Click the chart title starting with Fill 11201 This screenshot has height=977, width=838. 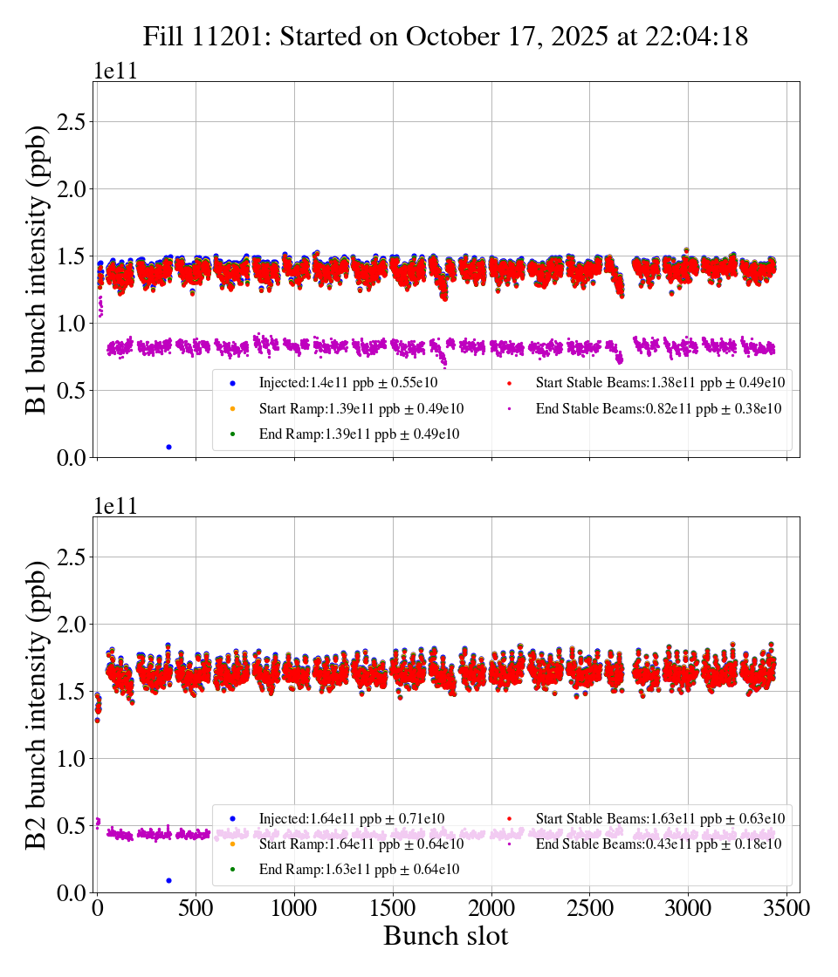[x=445, y=37]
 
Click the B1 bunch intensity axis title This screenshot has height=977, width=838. [x=37, y=269]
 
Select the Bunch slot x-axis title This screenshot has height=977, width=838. [x=445, y=937]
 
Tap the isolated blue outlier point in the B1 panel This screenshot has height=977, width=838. [x=168, y=447]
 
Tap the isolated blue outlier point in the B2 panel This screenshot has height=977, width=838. [x=168, y=880]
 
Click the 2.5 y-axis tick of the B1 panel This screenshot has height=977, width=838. [x=75, y=122]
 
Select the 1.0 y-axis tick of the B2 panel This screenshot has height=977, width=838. [x=75, y=759]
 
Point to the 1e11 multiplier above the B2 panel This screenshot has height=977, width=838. [x=115, y=507]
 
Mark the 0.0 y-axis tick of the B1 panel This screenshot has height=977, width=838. [x=75, y=457]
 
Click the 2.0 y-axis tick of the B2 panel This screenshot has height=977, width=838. [x=75, y=625]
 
